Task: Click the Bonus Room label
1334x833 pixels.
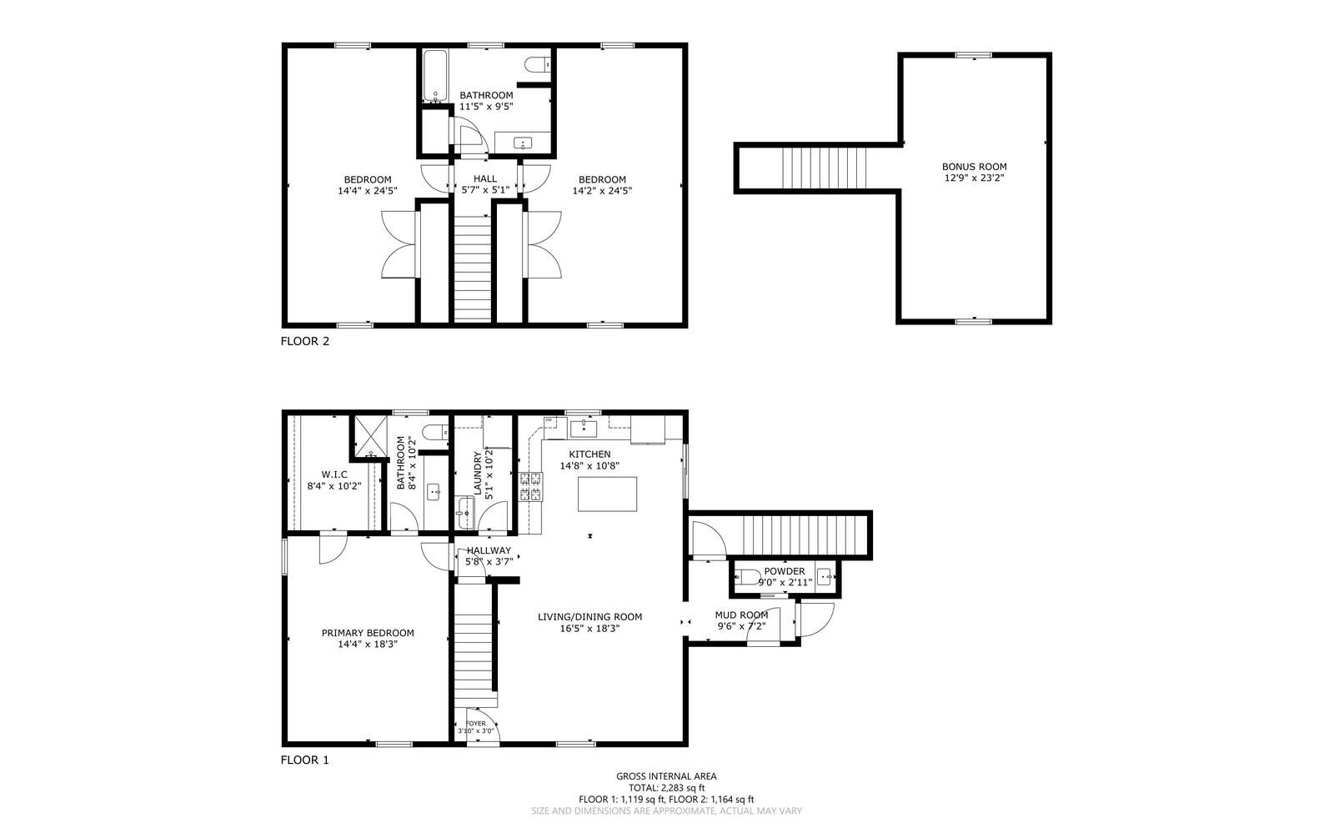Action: [x=975, y=167]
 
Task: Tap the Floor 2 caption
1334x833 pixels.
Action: [x=305, y=341]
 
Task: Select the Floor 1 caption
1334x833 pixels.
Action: [x=305, y=760]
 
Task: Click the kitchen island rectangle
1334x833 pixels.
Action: [x=607, y=494]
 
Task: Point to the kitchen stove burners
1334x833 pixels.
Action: [x=530, y=486]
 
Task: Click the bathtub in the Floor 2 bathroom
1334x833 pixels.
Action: [x=434, y=76]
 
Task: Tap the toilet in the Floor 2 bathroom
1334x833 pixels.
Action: [x=537, y=63]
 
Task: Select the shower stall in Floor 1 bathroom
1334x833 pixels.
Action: [x=371, y=436]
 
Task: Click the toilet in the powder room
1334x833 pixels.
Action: [x=747, y=577]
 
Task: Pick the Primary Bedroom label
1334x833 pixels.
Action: [x=368, y=633]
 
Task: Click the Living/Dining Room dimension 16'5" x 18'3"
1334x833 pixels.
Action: [x=589, y=628]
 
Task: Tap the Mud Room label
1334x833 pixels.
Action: [x=741, y=615]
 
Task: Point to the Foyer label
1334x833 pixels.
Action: [x=475, y=724]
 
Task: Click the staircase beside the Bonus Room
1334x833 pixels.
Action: [x=825, y=168]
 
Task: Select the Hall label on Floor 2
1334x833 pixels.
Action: [x=485, y=178]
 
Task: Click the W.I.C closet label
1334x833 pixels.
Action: [x=334, y=474]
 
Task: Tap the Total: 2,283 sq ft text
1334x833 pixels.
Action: [x=666, y=788]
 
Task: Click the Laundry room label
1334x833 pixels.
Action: [x=477, y=473]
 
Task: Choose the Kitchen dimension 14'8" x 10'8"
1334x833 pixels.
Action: [x=589, y=465]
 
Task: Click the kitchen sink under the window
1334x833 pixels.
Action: [x=584, y=428]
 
